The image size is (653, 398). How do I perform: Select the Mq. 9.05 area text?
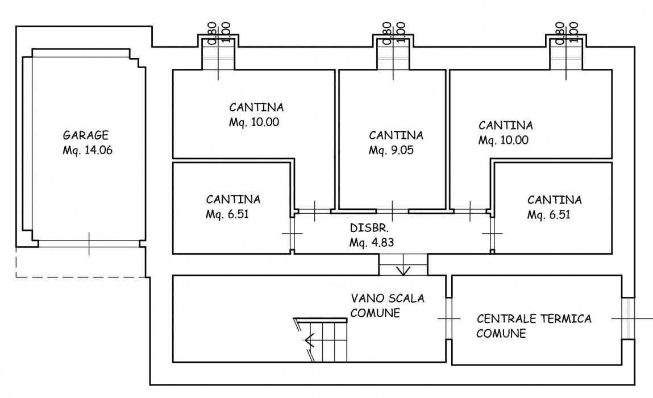[x=389, y=151]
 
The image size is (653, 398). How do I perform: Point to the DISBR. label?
[x=369, y=229]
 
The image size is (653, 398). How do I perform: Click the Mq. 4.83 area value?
[x=372, y=242]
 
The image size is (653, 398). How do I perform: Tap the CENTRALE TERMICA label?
[x=534, y=318]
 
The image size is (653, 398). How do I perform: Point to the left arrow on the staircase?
[x=310, y=341]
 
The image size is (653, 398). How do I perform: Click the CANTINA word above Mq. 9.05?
[x=396, y=135]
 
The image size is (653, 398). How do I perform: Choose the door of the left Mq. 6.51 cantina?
[x=292, y=234]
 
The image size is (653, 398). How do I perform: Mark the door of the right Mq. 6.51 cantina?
[x=492, y=234]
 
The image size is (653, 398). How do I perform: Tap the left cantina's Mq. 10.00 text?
[x=254, y=122]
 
